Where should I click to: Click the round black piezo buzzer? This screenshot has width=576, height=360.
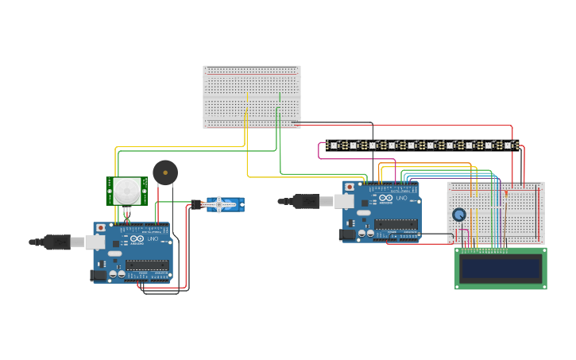165,172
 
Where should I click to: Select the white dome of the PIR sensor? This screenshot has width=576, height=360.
126,190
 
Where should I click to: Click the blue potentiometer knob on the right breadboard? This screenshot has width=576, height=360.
458,215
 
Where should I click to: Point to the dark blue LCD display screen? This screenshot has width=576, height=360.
501,268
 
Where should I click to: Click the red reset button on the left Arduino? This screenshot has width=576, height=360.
100,228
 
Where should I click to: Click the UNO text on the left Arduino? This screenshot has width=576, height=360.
153,239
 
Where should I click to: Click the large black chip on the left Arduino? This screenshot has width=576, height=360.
147,265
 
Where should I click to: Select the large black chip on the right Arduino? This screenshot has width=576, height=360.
396,224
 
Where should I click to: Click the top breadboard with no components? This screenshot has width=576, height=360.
252,96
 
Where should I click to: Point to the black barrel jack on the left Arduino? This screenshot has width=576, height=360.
99,275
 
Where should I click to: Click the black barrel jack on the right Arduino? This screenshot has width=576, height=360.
347,234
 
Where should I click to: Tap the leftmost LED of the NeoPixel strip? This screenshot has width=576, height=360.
334,145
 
